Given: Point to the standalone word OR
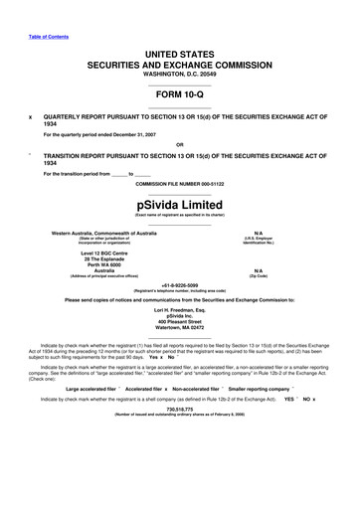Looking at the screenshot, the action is tap(180, 141).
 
